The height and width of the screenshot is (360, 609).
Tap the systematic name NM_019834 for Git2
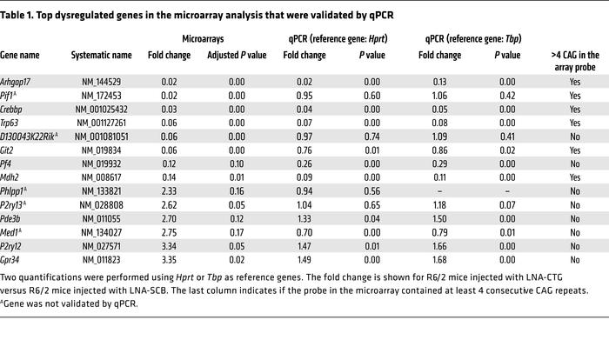102,150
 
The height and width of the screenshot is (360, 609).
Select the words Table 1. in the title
18,10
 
